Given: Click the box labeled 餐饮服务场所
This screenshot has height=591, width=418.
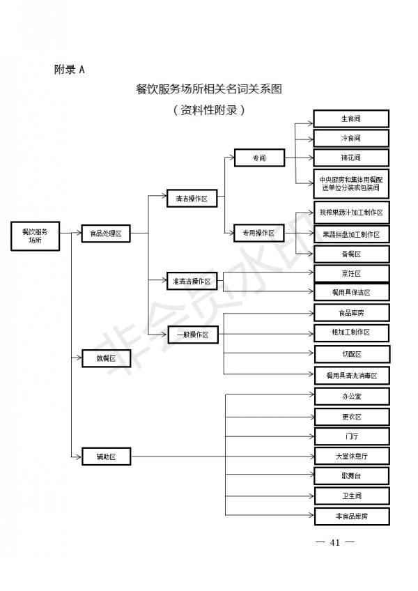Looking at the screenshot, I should pyautogui.click(x=35, y=236).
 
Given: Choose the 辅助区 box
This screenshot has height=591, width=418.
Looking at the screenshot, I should pyautogui.click(x=105, y=456).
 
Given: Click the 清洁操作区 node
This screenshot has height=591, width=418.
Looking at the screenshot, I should pyautogui.click(x=192, y=199).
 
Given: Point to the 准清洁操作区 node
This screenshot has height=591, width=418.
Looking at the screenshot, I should pyautogui.click(x=192, y=282).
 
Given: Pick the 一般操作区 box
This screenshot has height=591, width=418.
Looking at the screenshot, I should pyautogui.click(x=192, y=335).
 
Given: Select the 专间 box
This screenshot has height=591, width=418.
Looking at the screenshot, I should pyautogui.click(x=259, y=158).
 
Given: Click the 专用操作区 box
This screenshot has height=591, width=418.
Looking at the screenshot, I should pyautogui.click(x=259, y=232).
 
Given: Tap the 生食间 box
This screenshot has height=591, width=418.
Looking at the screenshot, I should pyautogui.click(x=350, y=118).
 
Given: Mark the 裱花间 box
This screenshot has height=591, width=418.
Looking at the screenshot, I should pyautogui.click(x=350, y=158).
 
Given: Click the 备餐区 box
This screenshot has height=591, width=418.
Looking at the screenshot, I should pyautogui.click(x=351, y=254).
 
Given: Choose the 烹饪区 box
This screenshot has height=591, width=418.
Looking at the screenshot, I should pyautogui.click(x=351, y=273).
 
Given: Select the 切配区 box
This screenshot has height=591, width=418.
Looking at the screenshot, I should pyautogui.click(x=351, y=354).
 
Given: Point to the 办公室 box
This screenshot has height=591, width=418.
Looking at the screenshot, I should pyautogui.click(x=351, y=396).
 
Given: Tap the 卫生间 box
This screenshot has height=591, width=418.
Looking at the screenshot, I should pyautogui.click(x=351, y=496).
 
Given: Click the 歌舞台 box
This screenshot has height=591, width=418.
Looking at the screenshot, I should pyautogui.click(x=351, y=476).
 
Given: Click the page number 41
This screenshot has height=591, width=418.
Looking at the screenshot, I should pyautogui.click(x=334, y=542).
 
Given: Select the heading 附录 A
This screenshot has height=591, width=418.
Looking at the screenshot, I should pyautogui.click(x=69, y=69).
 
